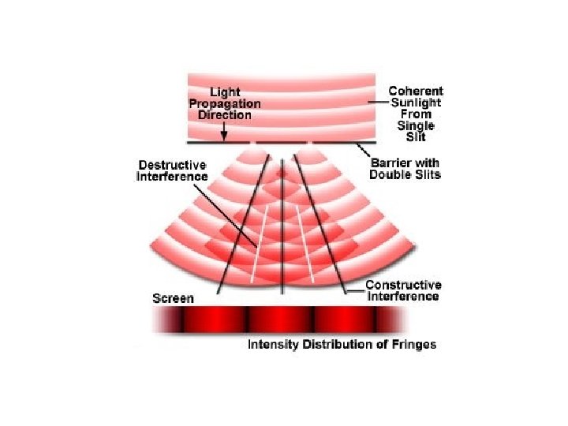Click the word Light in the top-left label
(x=225, y=92)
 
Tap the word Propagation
(x=225, y=103)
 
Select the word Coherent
(x=416, y=92)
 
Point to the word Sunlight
(x=416, y=103)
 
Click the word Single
(x=416, y=125)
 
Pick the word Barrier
(x=390, y=163)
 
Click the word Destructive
(x=172, y=165)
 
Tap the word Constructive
(x=403, y=285)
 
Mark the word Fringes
(x=413, y=345)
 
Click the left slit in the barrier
(x=255, y=143)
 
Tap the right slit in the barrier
(x=312, y=143)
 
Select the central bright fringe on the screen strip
(x=282, y=319)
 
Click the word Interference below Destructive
(x=172, y=176)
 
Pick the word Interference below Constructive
(x=403, y=296)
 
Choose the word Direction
(x=225, y=115)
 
